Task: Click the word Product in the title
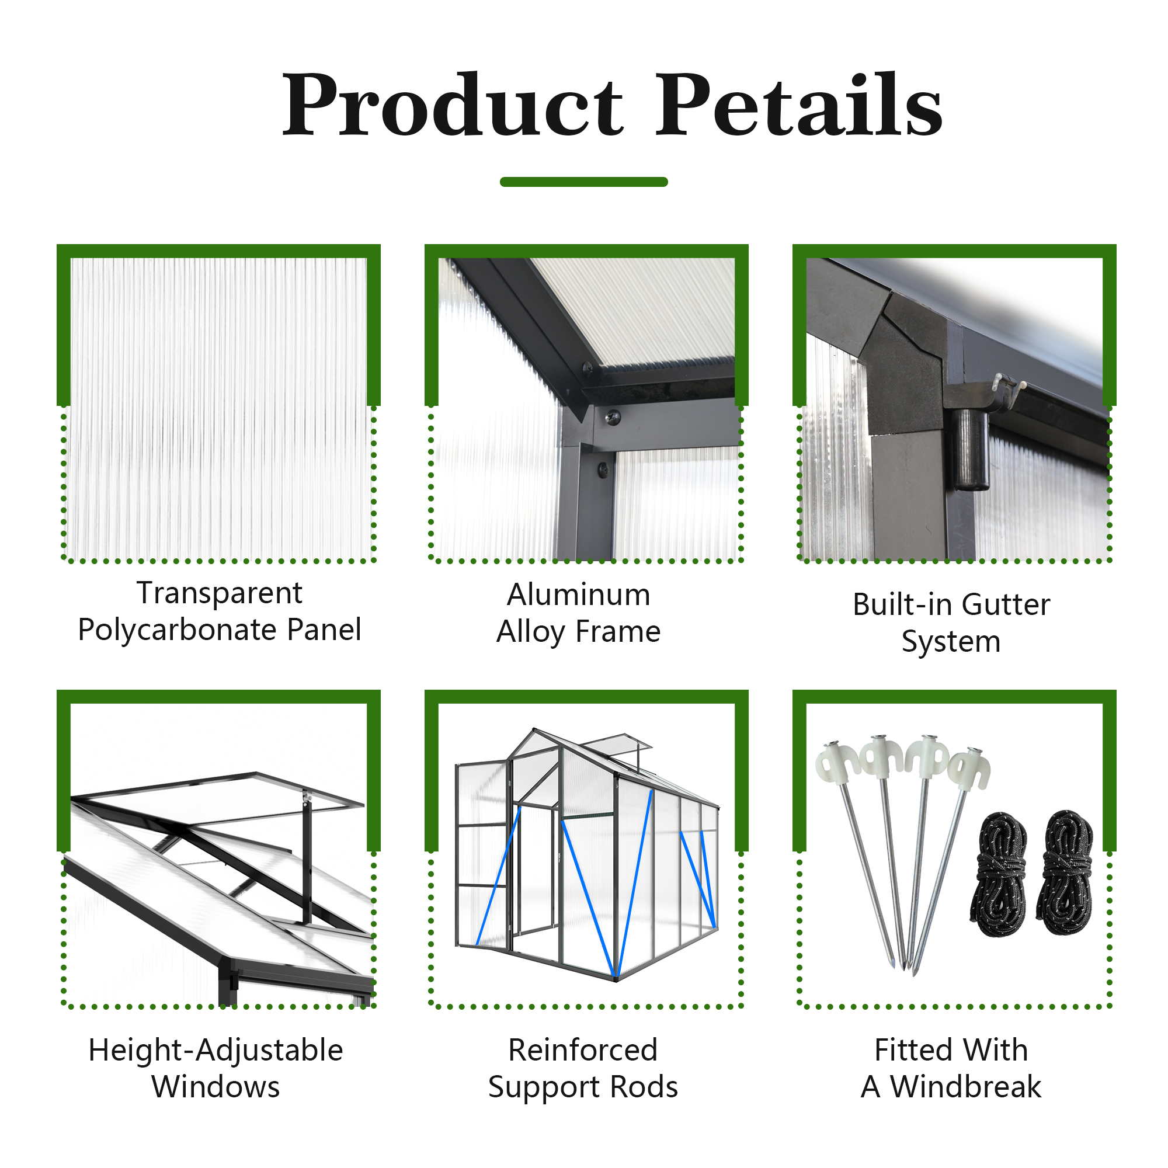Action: click(x=453, y=104)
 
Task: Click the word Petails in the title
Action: click(x=799, y=104)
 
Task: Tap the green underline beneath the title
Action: click(x=583, y=182)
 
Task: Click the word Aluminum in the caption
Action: click(x=579, y=595)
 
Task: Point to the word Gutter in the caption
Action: click(x=1006, y=604)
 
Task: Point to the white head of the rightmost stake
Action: click(x=969, y=768)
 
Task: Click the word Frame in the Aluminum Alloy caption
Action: click(x=618, y=632)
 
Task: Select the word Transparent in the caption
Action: click(x=220, y=593)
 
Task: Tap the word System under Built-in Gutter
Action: click(x=951, y=642)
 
